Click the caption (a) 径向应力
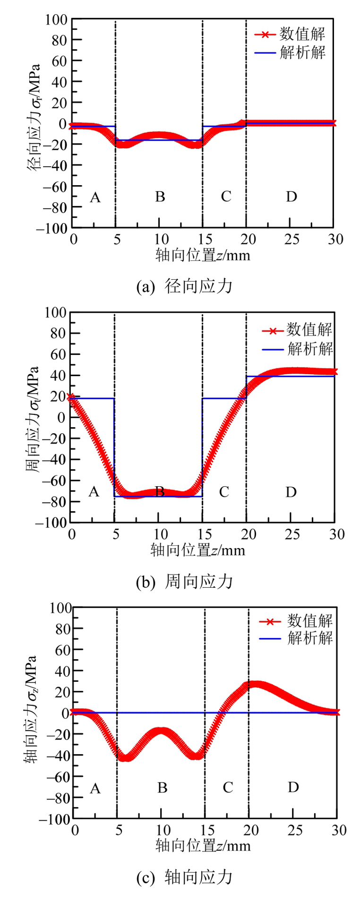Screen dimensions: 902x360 pyautogui.click(x=184, y=286)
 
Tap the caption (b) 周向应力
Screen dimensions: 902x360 pyautogui.click(x=184, y=582)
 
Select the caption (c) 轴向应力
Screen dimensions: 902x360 pyautogui.click(x=184, y=877)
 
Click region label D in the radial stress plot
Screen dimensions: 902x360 pyautogui.click(x=291, y=197)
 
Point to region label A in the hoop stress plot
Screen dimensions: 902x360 pyautogui.click(x=94, y=492)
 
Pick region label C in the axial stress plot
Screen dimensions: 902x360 pyautogui.click(x=228, y=788)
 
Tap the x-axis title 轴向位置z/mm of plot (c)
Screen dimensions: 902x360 pyautogui.click(x=203, y=845)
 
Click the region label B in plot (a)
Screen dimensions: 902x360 pyautogui.click(x=160, y=197)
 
